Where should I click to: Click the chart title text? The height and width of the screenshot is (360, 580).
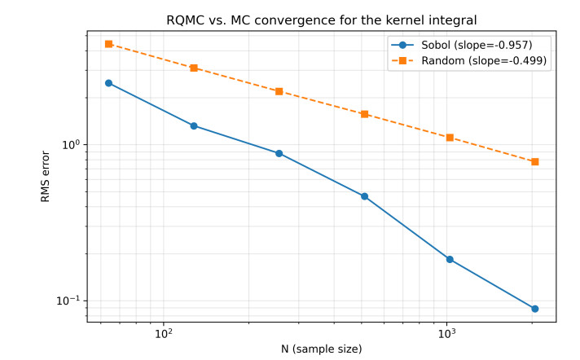[322, 20]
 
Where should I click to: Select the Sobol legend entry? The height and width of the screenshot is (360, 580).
[462, 45]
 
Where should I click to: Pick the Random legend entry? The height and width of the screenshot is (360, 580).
[468, 60]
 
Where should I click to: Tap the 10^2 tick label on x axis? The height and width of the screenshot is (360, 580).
[164, 334]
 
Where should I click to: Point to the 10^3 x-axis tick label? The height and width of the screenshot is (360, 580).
[447, 334]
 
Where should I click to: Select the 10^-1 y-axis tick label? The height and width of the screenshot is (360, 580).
[68, 301]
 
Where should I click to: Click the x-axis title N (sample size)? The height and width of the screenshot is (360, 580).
[322, 349]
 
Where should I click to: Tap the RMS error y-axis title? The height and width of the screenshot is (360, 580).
[45, 177]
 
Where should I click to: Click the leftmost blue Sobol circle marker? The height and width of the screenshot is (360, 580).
[109, 83]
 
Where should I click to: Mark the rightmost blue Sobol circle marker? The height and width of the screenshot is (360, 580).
[535, 309]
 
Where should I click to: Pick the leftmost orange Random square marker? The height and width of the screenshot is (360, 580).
[109, 44]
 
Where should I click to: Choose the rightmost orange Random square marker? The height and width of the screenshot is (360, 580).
[535, 162]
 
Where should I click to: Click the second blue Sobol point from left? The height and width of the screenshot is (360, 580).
[194, 126]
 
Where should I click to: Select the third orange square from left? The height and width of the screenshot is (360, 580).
[279, 91]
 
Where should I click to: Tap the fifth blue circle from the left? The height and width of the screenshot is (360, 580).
[450, 259]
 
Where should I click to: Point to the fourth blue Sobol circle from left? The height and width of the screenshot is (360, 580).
[365, 196]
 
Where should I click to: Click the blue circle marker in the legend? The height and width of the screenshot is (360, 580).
[402, 45]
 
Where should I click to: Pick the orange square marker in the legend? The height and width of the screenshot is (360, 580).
[402, 60]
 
